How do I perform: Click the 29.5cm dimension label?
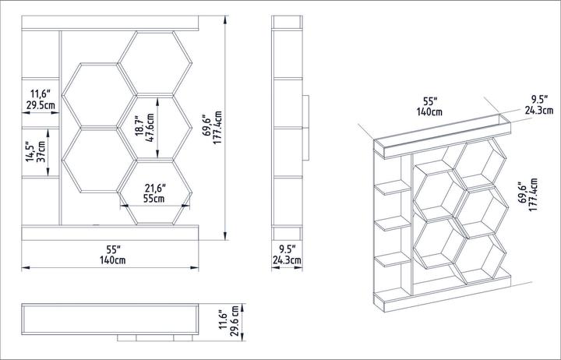41,104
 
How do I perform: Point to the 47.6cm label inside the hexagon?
150,123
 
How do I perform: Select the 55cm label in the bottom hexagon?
154,199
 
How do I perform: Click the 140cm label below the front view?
114,260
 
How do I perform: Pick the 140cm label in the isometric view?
429,112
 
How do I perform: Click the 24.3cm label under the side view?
286,260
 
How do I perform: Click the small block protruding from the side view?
306,126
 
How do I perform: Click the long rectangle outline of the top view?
111,319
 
